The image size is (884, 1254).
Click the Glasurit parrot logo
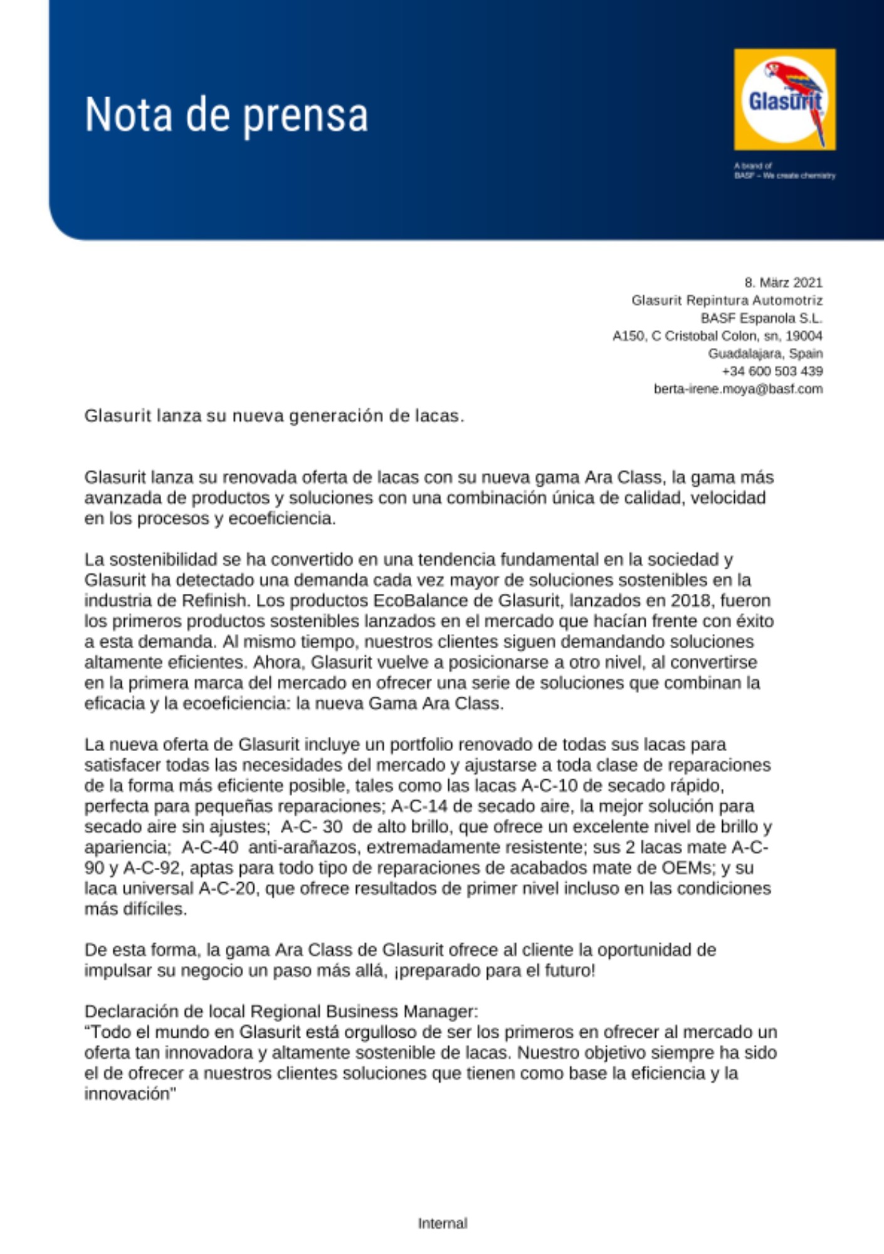pyautogui.click(x=784, y=100)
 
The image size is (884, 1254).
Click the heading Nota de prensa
pyautogui.click(x=226, y=115)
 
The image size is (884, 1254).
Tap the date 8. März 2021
pyautogui.click(x=783, y=282)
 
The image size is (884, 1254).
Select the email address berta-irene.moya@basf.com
pyautogui.click(x=738, y=389)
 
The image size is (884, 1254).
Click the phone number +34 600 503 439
pyautogui.click(x=772, y=371)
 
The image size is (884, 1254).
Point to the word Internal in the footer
pyautogui.click(x=443, y=1223)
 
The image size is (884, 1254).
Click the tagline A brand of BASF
pyautogui.click(x=784, y=171)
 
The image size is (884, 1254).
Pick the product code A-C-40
pyautogui.click(x=209, y=848)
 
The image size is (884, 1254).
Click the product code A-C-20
pyautogui.click(x=226, y=889)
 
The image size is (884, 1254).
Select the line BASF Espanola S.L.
pyautogui.click(x=761, y=318)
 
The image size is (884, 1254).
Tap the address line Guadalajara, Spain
pyautogui.click(x=765, y=354)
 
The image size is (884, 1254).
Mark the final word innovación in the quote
pyautogui.click(x=127, y=1094)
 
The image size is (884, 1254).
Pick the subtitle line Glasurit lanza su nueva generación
pyautogui.click(x=274, y=416)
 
